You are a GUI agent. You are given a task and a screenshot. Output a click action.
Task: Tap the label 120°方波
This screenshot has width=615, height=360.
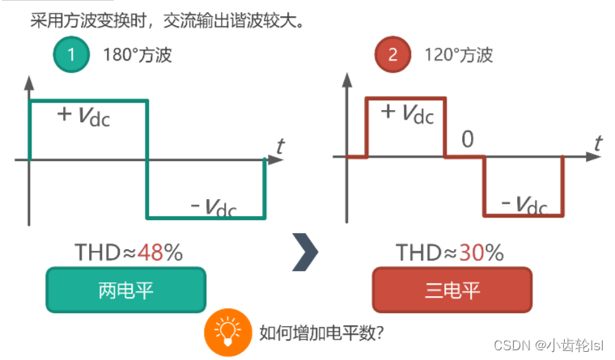coord(458,56)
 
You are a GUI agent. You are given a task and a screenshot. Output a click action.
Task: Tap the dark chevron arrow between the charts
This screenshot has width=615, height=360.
coord(304,252)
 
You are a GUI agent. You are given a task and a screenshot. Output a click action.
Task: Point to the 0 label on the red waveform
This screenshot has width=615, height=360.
coord(467,140)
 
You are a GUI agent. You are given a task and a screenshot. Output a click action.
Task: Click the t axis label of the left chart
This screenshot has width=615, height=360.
coord(280,146)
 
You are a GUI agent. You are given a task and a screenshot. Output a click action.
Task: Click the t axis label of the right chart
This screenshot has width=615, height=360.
coord(598,143)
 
